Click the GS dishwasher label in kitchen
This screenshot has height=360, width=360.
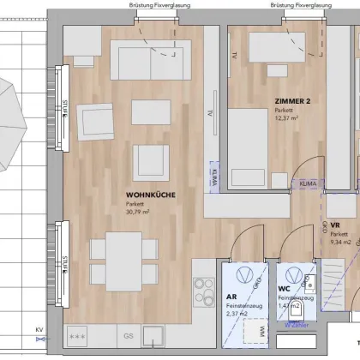[129, 335]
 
